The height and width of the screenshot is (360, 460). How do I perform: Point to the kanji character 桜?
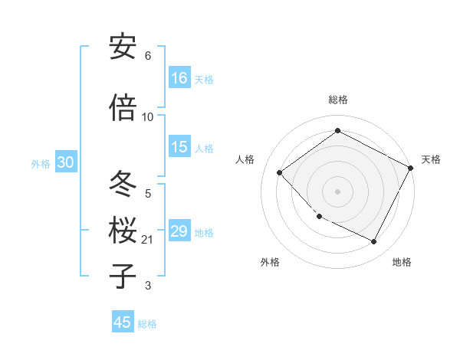pyautogui.click(x=123, y=231)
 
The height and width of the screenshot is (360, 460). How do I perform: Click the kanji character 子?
pyautogui.click(x=123, y=277)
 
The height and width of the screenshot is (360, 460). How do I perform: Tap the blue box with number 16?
pyautogui.click(x=179, y=77)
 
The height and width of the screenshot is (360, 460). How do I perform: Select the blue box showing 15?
pyautogui.click(x=179, y=147)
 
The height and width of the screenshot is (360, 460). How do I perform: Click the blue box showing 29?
pyautogui.click(x=179, y=231)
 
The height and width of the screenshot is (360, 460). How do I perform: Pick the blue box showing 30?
pyautogui.click(x=65, y=162)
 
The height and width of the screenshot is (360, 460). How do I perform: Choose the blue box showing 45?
pyautogui.click(x=123, y=322)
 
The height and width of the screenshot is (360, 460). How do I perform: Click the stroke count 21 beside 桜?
pyautogui.click(x=148, y=240)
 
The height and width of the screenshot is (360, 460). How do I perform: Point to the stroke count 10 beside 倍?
pyautogui.click(x=148, y=117)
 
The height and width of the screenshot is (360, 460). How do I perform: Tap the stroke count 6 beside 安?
pyautogui.click(x=148, y=56)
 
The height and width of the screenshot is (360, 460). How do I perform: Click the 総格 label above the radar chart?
pyautogui.click(x=338, y=100)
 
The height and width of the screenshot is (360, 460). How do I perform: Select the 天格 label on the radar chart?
pyautogui.click(x=431, y=159)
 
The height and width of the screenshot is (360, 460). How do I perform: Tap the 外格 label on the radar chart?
pyautogui.click(x=270, y=262)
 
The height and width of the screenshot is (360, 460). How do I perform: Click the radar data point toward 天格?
pyautogui.click(x=411, y=169)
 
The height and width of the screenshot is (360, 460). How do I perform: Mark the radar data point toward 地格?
pyautogui.click(x=374, y=242)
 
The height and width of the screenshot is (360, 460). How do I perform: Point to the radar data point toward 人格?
pyautogui.click(x=280, y=172)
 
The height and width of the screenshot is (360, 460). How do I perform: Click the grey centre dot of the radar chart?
pyautogui.click(x=337, y=191)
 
